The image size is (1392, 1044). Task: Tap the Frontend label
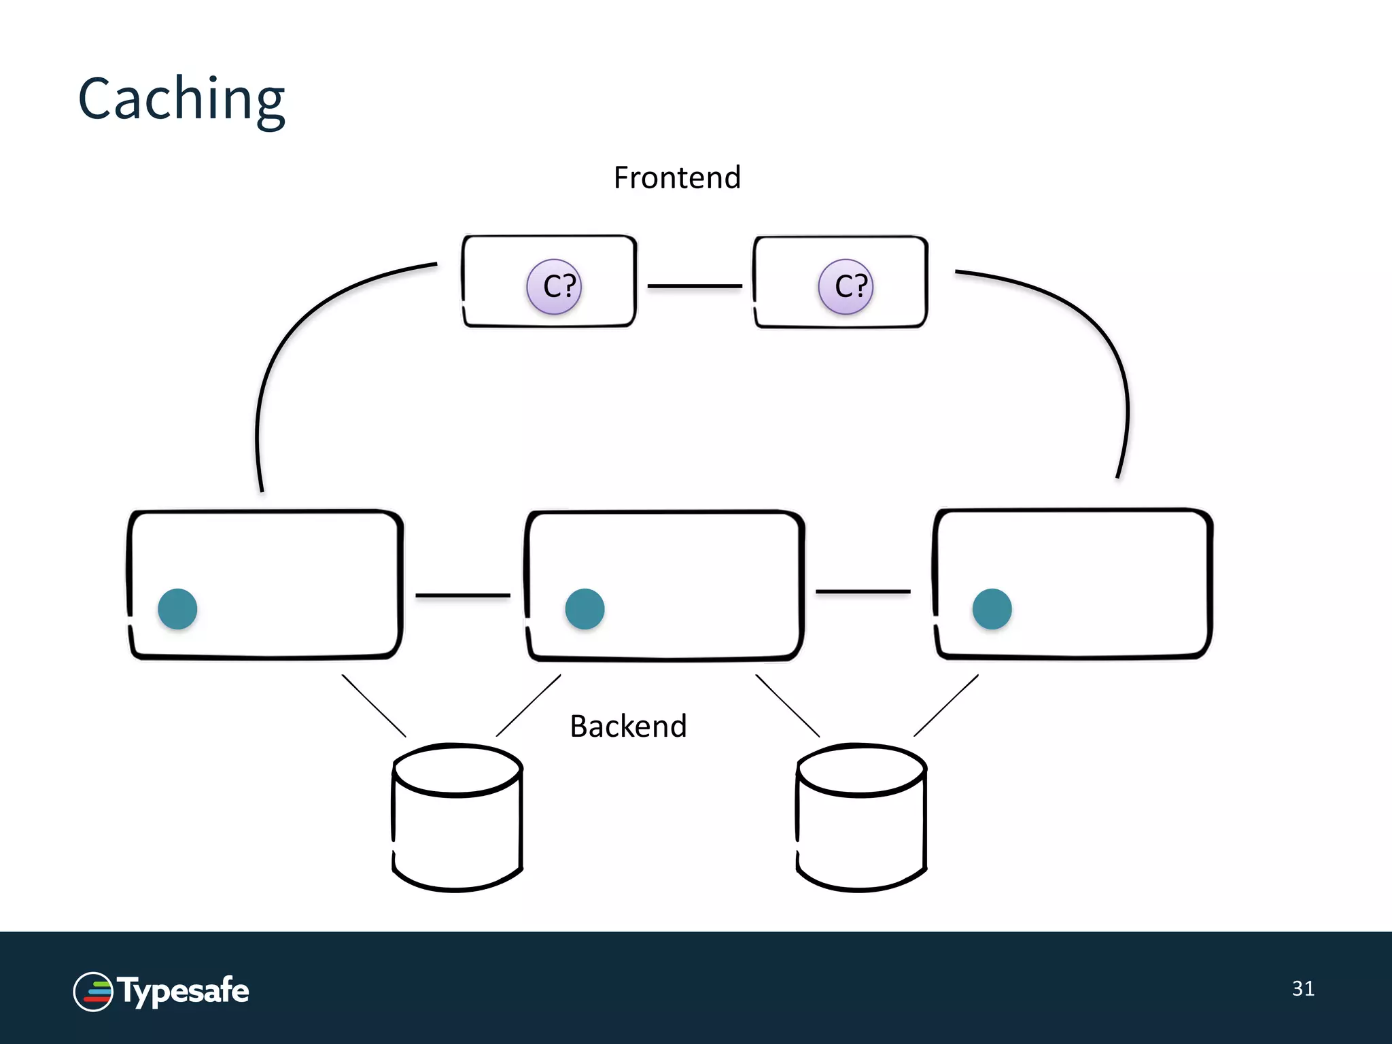[676, 178]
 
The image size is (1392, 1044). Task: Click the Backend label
[628, 727]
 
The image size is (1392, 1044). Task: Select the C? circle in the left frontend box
[554, 286]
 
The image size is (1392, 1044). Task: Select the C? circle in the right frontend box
[846, 286]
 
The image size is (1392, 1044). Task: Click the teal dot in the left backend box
[177, 608]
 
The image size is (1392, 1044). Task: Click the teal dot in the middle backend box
[585, 608]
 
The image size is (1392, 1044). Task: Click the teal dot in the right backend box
[992, 608]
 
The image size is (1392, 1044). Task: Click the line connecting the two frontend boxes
[695, 286]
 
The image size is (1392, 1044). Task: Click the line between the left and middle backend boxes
[462, 595]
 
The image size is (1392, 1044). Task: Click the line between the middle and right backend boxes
[863, 592]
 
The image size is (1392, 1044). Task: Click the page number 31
[1303, 988]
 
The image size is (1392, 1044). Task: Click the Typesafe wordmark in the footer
[184, 991]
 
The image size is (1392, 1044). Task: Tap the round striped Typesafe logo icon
[93, 992]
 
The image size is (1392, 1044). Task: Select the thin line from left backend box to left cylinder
[374, 706]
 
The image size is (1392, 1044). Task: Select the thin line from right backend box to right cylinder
[946, 706]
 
